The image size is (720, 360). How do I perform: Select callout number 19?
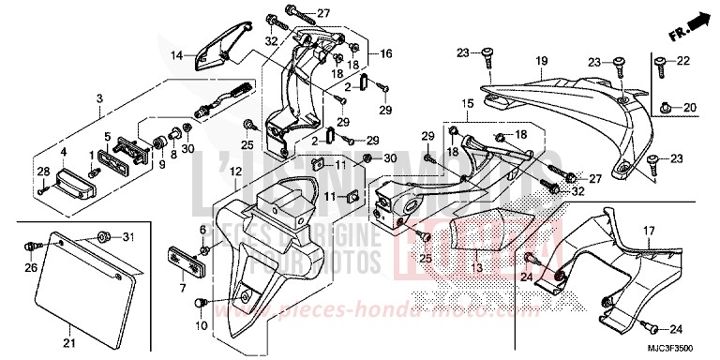(541, 62)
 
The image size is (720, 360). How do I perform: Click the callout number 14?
(176, 56)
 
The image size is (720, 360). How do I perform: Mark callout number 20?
(690, 107)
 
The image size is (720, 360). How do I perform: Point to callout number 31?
(129, 234)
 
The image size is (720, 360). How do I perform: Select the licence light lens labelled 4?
(77, 172)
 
